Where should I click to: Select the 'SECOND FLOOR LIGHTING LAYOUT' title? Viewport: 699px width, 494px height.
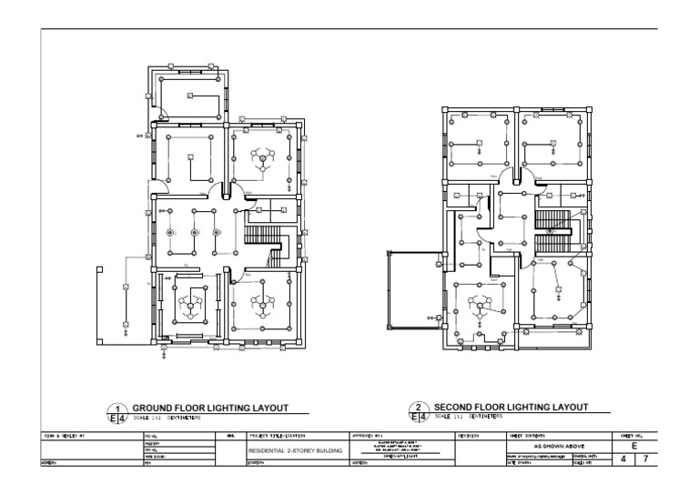(510, 407)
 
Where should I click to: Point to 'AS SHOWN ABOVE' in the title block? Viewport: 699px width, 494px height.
(559, 447)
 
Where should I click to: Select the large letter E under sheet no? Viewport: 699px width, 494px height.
(633, 446)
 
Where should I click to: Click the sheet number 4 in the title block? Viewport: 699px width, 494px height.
(623, 460)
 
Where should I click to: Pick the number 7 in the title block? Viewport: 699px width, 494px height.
(645, 460)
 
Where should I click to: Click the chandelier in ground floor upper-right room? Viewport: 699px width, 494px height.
(261, 161)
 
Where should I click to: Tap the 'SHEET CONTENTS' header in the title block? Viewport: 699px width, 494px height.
(527, 437)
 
